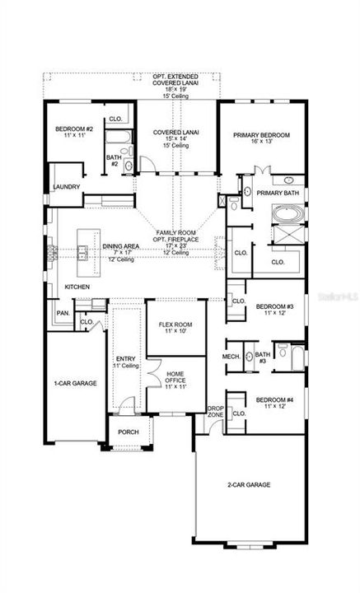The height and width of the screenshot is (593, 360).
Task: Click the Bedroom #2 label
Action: pos(72,129)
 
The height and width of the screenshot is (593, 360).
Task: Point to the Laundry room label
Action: pos(66,187)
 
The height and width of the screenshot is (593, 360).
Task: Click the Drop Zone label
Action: pos(215,412)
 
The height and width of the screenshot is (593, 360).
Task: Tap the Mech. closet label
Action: pos(231,357)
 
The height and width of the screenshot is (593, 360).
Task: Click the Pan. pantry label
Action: pos(62,313)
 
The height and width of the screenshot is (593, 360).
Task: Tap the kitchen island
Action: pos(82,252)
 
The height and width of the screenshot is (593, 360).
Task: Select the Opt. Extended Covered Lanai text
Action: pos(171,82)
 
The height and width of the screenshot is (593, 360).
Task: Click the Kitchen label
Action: pos(77,287)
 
